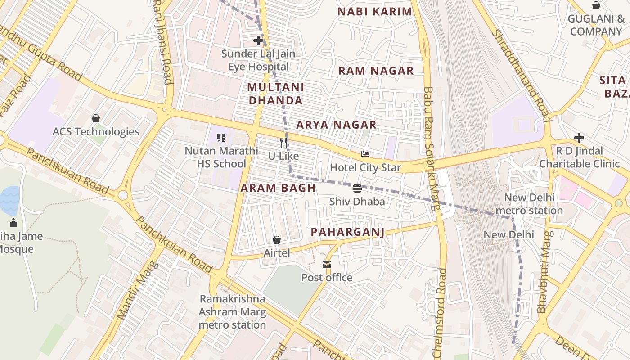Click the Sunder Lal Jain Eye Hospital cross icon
(x=258, y=40)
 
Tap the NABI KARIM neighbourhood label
(x=375, y=12)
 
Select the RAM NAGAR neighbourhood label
(x=376, y=71)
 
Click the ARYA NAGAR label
(x=336, y=125)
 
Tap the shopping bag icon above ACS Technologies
(x=95, y=118)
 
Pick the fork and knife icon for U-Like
(x=283, y=143)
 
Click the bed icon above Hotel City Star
(x=365, y=154)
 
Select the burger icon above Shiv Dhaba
(x=357, y=188)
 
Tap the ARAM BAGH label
(x=278, y=188)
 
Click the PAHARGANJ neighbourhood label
(x=347, y=232)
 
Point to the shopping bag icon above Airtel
(x=277, y=240)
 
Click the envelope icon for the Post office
(x=327, y=265)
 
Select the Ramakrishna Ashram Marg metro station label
(x=233, y=312)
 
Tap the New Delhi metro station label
(x=529, y=204)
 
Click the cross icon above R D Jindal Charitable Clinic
(x=579, y=137)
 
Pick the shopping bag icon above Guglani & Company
(x=596, y=5)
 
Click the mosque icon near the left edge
(x=13, y=223)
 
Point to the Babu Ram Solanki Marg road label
(x=431, y=148)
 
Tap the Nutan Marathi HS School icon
(x=221, y=137)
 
